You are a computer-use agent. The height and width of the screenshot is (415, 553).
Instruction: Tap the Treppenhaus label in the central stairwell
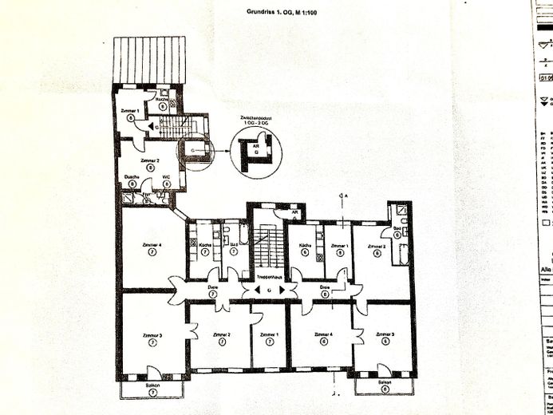[x=270, y=273]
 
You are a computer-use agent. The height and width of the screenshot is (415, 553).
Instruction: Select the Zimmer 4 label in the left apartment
[x=152, y=243]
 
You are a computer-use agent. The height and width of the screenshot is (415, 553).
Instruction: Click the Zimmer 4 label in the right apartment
[x=323, y=334]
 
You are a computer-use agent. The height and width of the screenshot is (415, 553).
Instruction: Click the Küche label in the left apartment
[x=204, y=244]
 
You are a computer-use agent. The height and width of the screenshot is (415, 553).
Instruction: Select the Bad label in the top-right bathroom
[x=397, y=228]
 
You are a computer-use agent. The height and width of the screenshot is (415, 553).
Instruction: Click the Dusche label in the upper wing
[x=132, y=177]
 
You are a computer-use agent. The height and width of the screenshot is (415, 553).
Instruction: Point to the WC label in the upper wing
[x=167, y=177]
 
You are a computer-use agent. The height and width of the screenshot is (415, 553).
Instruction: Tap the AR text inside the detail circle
[x=256, y=147]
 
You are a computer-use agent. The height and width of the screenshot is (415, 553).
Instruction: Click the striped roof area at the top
[x=149, y=59]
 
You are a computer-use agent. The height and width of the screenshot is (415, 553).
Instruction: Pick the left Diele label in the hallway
[x=213, y=287]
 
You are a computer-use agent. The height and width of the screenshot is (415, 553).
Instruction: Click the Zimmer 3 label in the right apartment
[x=386, y=334]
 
